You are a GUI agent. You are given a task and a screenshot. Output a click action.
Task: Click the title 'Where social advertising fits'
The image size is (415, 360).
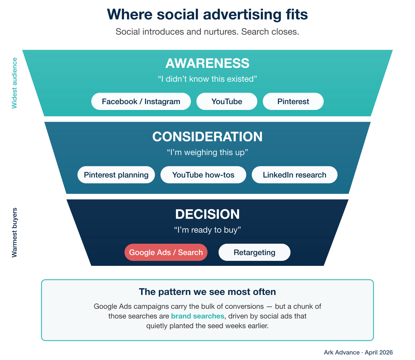click(207, 14)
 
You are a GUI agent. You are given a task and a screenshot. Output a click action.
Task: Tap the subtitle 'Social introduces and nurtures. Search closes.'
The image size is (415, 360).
click(207, 32)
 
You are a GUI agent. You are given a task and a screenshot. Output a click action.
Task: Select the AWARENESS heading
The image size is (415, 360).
click(207, 63)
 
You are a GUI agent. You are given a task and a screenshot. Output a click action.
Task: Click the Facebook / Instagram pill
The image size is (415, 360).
click(141, 101)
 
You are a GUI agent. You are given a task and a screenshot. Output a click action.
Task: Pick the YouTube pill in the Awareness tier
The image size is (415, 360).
click(227, 101)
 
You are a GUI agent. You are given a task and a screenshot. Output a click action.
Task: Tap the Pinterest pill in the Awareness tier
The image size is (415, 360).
click(293, 101)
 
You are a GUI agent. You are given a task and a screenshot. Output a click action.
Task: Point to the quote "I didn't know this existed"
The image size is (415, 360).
click(207, 79)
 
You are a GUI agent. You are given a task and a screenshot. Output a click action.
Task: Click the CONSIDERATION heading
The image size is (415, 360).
click(207, 137)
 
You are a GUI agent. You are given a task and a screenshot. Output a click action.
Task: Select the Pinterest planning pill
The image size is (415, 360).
click(116, 175)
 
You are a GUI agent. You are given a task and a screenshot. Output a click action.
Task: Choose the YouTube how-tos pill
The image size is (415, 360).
click(203, 175)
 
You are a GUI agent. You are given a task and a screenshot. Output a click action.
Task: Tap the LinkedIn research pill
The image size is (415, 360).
click(294, 175)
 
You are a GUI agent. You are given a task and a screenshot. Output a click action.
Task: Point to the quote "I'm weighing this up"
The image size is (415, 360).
click(207, 152)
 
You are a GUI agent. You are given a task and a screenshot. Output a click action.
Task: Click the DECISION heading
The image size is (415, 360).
click(207, 214)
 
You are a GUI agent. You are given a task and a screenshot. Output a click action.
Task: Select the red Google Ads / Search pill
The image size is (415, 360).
click(166, 252)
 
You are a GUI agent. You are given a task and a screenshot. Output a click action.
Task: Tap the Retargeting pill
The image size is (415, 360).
click(254, 252)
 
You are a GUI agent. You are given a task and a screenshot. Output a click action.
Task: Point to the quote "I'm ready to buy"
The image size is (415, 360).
click(207, 230)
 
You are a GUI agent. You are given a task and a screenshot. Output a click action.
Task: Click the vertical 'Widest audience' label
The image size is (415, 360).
click(14, 83)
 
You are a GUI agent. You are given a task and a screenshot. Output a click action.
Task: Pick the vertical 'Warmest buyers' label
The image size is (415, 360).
click(14, 233)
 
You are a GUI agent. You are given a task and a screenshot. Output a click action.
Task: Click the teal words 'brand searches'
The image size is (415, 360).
click(198, 316)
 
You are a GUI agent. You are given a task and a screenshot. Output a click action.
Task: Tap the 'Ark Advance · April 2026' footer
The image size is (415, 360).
click(358, 352)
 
